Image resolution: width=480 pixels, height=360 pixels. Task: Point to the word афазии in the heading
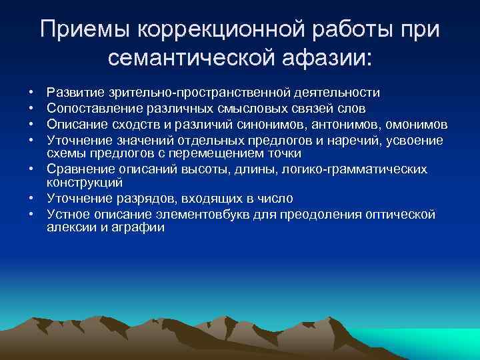coord(327,59)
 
